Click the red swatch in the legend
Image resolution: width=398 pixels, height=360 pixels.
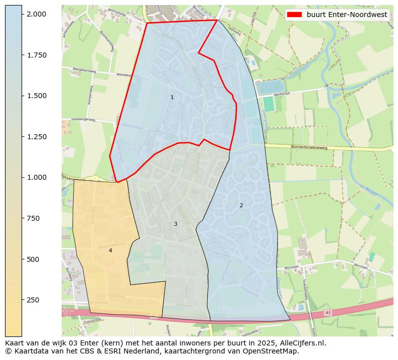295,15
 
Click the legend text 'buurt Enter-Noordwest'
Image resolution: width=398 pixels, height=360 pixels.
347,15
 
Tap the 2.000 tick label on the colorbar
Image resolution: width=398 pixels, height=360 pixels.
37,14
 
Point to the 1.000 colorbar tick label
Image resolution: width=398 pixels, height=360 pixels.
37,177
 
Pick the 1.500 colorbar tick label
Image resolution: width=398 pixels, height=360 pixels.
37,96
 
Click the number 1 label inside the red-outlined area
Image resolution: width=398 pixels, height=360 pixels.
172,97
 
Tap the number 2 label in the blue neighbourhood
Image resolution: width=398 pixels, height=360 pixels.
241,205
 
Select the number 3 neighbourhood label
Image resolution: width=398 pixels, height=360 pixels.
175,224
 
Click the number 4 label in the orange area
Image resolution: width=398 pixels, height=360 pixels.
110,250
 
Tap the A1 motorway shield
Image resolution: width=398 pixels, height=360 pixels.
328,312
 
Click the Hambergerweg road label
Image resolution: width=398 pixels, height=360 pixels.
83,120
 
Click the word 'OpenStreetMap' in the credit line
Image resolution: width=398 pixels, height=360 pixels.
272,351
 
